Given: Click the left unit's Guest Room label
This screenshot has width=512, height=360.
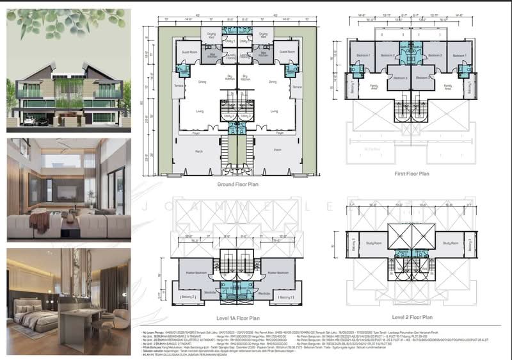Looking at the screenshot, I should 190,51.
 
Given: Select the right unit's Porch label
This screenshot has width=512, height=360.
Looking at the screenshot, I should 277,150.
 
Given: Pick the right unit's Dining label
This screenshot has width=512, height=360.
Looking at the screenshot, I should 273,81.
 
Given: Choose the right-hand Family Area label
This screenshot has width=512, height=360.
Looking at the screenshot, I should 448,86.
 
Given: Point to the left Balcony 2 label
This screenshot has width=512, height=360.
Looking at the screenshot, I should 188,297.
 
